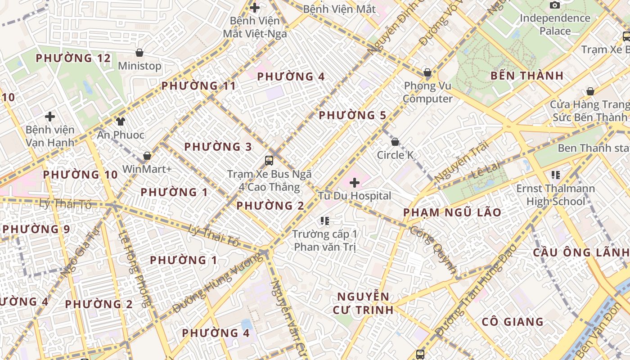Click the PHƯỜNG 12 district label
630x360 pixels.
click(73, 58)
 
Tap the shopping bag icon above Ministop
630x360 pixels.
click(139, 53)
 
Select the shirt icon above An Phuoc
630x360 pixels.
click(120, 121)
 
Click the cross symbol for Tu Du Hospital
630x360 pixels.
click(355, 182)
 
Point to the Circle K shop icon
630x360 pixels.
click(395, 142)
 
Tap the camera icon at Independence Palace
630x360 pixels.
click(555, 5)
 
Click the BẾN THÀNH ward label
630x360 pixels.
click(527, 76)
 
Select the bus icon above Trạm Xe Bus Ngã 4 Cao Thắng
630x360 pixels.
click(269, 160)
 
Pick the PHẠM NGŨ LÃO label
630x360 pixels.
click(452, 212)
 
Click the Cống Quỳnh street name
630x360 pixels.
click(434, 250)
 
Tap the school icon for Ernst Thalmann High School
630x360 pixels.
click(555, 175)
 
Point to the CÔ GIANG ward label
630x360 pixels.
click(513, 322)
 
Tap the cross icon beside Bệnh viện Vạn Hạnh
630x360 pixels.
click(50, 117)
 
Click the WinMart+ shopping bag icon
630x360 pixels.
click(147, 156)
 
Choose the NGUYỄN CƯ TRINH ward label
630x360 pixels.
click(363, 303)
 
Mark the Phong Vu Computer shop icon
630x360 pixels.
click(427, 72)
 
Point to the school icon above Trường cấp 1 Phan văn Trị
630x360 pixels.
click(324, 220)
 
